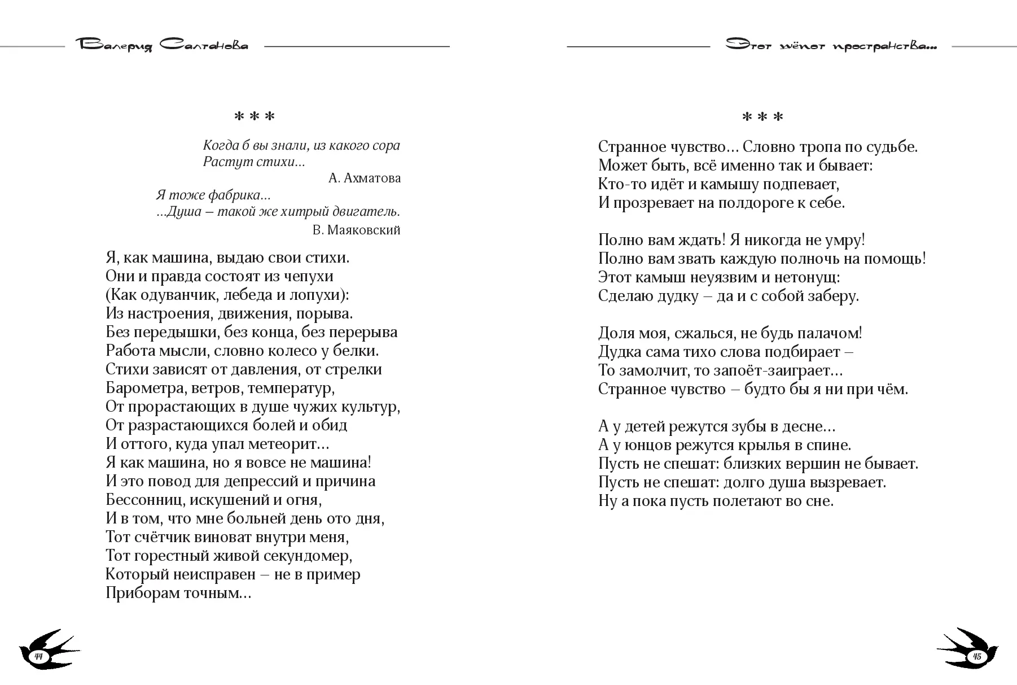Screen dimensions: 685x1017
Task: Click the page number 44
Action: [39, 656]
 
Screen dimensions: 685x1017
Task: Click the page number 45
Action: [976, 656]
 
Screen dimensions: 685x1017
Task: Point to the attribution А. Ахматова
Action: [364, 178]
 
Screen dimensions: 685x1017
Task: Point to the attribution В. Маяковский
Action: [356, 230]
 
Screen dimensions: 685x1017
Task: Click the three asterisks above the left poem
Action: [254, 117]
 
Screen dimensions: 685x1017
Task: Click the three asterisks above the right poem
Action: [762, 117]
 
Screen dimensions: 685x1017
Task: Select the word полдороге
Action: [756, 203]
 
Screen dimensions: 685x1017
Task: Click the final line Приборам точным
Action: [178, 594]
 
